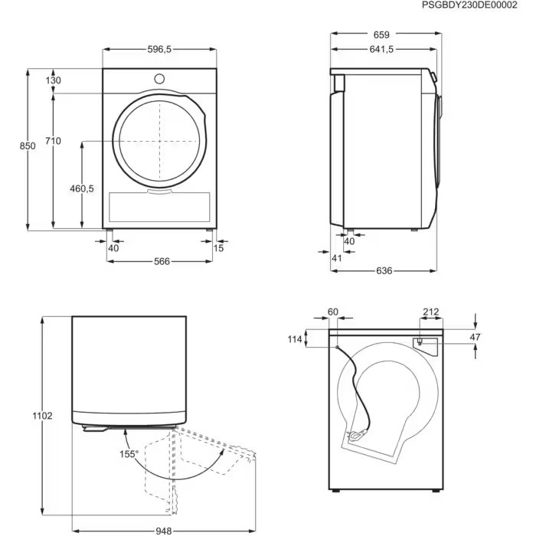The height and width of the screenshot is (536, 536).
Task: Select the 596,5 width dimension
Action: (159, 49)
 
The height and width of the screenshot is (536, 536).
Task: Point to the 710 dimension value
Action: (53, 141)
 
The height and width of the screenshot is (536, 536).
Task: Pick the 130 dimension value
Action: (53, 81)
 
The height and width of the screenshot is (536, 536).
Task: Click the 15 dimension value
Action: (220, 248)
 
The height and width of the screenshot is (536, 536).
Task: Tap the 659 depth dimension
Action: (382, 34)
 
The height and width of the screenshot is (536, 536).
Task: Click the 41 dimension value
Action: (337, 258)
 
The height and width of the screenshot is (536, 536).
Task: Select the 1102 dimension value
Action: (44, 416)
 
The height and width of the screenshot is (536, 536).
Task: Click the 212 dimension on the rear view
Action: (430, 312)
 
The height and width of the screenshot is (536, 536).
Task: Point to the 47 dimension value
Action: (475, 336)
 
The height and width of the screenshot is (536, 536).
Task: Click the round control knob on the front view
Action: (160, 78)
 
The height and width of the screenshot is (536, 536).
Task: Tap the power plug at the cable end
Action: (358, 437)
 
